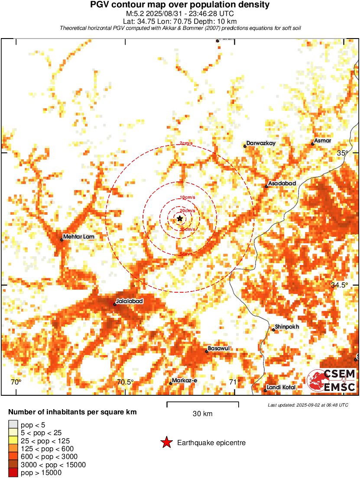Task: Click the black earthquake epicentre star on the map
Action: (x=180, y=219)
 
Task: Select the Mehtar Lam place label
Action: (x=78, y=237)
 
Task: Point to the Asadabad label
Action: (x=282, y=184)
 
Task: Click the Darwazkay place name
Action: (x=261, y=143)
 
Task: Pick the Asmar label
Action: (x=323, y=141)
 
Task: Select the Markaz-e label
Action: (x=184, y=381)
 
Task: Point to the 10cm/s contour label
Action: (x=187, y=197)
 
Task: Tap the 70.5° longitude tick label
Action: (x=125, y=382)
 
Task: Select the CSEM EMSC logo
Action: (x=332, y=381)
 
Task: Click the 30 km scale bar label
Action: (x=202, y=414)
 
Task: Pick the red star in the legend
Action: (x=166, y=442)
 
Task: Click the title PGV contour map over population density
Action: (x=180, y=5)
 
